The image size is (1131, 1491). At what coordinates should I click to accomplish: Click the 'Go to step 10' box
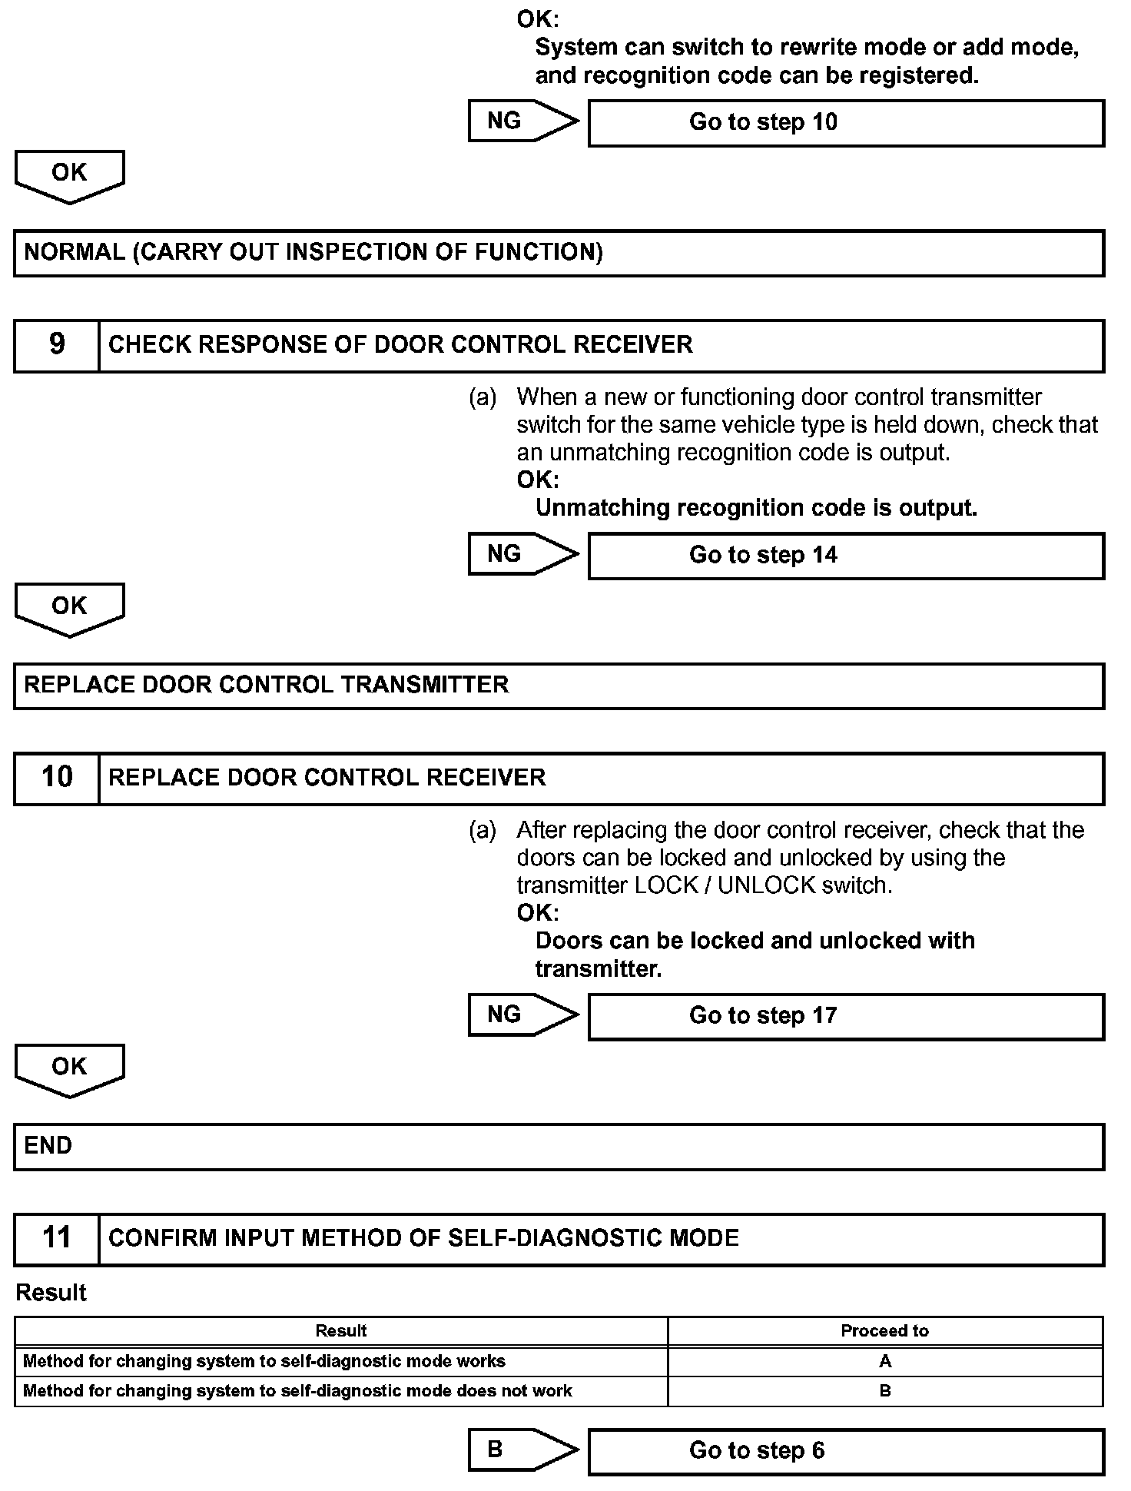pyautogui.click(x=845, y=123)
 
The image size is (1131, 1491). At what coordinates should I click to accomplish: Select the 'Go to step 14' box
pyautogui.click(x=845, y=556)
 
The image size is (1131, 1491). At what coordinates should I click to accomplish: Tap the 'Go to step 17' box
pyautogui.click(x=845, y=1016)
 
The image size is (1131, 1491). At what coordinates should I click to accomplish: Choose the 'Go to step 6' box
pyautogui.click(x=845, y=1451)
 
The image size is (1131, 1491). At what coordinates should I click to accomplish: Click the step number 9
pyautogui.click(x=57, y=345)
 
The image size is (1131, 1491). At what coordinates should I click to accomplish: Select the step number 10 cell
pyautogui.click(x=57, y=778)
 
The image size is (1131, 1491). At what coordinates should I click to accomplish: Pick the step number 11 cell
pyautogui.click(x=57, y=1238)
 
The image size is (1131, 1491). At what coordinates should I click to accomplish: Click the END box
pyautogui.click(x=559, y=1147)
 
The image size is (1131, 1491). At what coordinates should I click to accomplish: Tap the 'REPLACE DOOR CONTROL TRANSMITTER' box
pyautogui.click(x=559, y=686)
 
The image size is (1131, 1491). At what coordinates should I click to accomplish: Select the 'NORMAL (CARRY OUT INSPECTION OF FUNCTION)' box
pyautogui.click(x=559, y=253)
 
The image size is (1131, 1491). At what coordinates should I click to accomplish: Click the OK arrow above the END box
pyautogui.click(x=69, y=1068)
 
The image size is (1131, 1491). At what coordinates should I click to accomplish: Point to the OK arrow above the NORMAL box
pyautogui.click(x=69, y=174)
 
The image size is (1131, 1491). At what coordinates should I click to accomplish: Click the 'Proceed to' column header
pyautogui.click(x=884, y=1330)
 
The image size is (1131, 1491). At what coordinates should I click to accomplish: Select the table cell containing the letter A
pyautogui.click(x=884, y=1361)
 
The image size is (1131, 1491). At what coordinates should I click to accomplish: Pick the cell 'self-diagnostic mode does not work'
pyautogui.click(x=341, y=1390)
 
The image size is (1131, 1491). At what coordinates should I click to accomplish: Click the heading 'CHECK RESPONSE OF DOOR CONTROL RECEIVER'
pyautogui.click(x=400, y=345)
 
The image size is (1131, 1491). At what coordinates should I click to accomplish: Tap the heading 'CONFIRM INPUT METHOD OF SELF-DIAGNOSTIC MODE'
pyautogui.click(x=423, y=1238)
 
